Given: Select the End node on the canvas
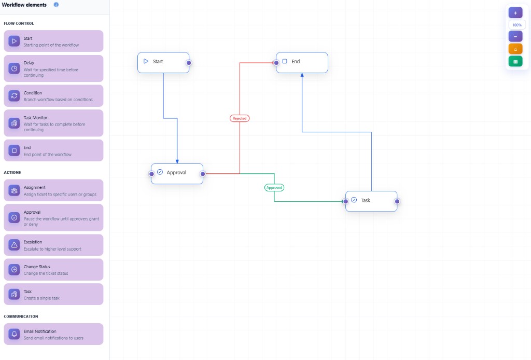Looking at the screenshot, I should coord(302,62).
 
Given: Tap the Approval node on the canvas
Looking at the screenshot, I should coord(177,173).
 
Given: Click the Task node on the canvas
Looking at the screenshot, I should coord(371,201).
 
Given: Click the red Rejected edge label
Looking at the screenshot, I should coord(240,118).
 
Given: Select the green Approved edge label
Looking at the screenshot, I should coord(274,187).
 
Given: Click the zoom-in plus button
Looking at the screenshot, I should coord(515,13).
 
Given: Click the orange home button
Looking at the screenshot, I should coord(515,49).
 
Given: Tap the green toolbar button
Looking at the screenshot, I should coord(515,61).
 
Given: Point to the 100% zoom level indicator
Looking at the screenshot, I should coord(517,25).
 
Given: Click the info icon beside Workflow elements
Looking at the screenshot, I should coord(56,5).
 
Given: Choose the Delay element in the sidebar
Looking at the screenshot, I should coord(53,68).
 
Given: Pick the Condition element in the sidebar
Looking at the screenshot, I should coord(53,96).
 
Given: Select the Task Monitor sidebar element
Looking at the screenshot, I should coord(53,123).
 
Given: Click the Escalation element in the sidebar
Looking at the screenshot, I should coord(53,245).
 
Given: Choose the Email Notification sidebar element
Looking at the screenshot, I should coord(53,334).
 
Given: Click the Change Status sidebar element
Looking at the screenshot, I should coord(53,270).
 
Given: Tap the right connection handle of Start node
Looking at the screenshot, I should coord(189,63).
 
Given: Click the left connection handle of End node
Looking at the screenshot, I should coord(276,63).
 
